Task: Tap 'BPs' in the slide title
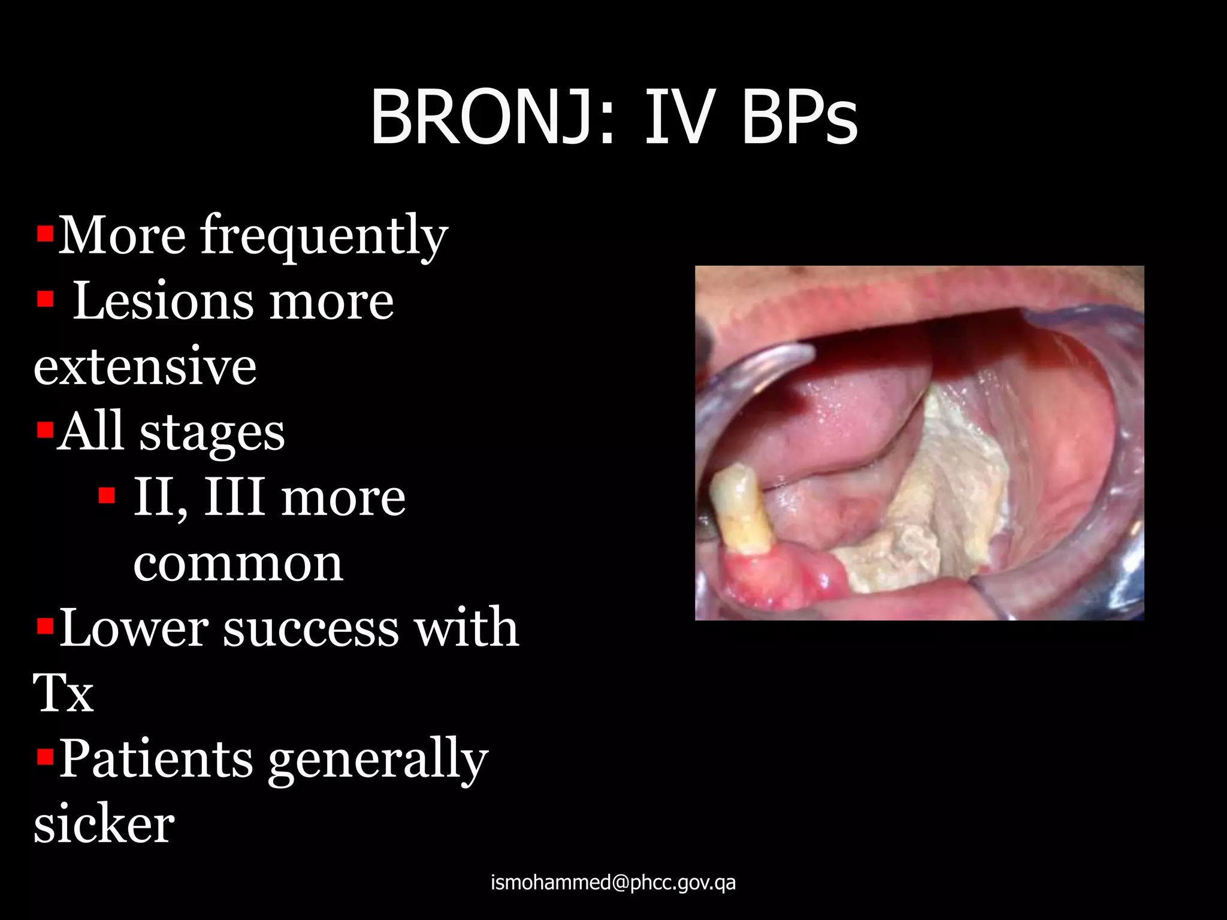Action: point(799,117)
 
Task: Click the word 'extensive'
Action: point(145,367)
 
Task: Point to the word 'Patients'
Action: point(156,759)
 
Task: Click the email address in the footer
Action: point(613,882)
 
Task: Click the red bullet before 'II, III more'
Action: point(107,495)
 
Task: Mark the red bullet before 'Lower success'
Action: point(45,627)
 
